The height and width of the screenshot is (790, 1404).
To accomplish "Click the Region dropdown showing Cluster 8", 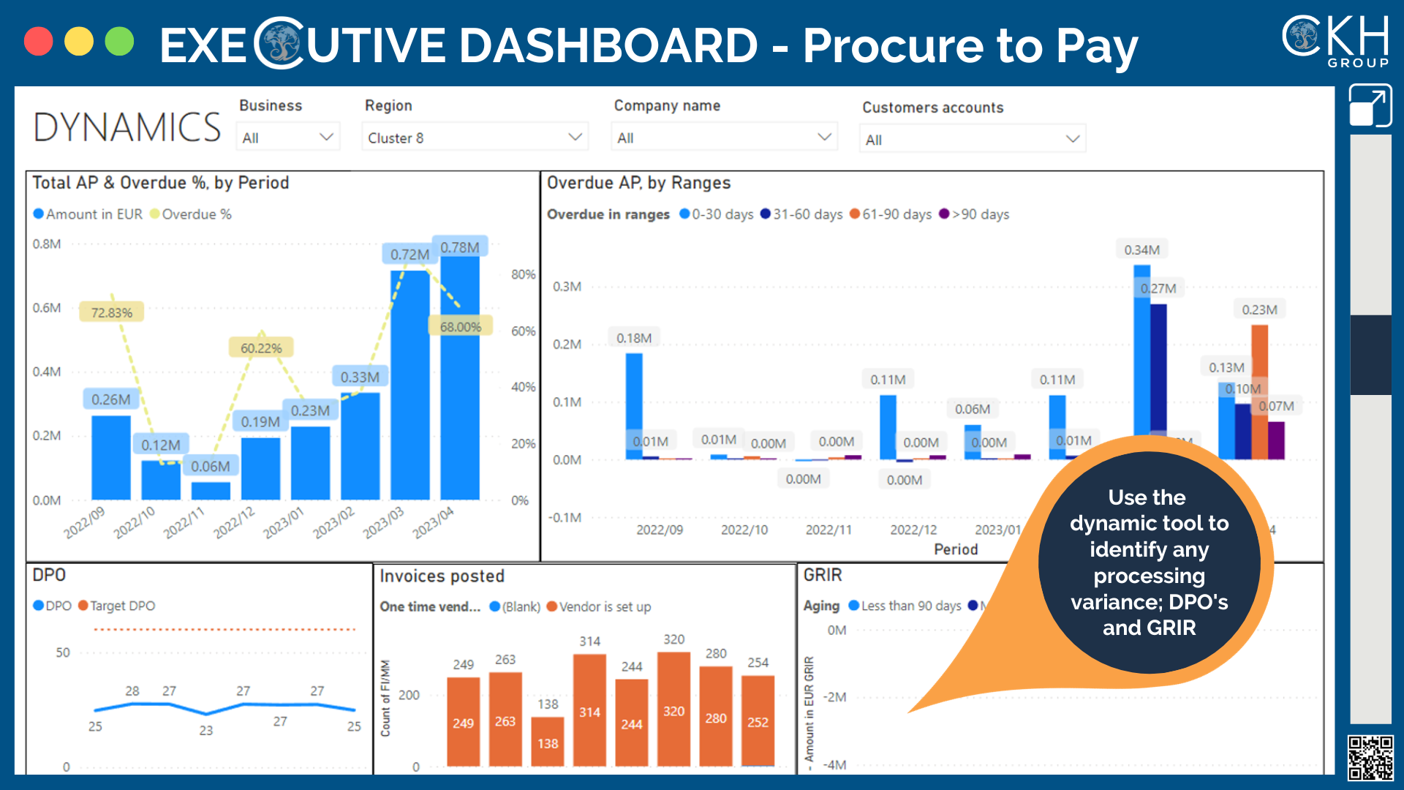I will (475, 138).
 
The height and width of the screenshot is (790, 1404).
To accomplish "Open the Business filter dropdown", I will (288, 138).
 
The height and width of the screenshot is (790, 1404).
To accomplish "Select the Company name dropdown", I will (724, 138).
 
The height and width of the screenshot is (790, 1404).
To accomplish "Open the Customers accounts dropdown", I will (972, 139).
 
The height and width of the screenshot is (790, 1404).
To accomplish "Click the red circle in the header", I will (38, 42).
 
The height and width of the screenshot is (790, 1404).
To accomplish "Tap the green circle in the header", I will (119, 42).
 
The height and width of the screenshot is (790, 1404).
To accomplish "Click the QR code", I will (1370, 758).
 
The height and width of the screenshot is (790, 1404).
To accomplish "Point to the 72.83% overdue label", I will (111, 312).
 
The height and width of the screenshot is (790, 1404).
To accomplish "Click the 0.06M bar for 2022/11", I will (211, 490).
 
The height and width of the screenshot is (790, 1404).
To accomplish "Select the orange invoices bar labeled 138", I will (548, 742).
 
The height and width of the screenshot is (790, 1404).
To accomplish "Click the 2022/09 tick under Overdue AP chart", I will (660, 530).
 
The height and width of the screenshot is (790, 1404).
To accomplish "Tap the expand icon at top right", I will (1370, 106).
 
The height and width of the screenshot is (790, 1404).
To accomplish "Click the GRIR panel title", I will (823, 575).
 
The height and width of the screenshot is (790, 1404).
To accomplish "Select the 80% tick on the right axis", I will (523, 274).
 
